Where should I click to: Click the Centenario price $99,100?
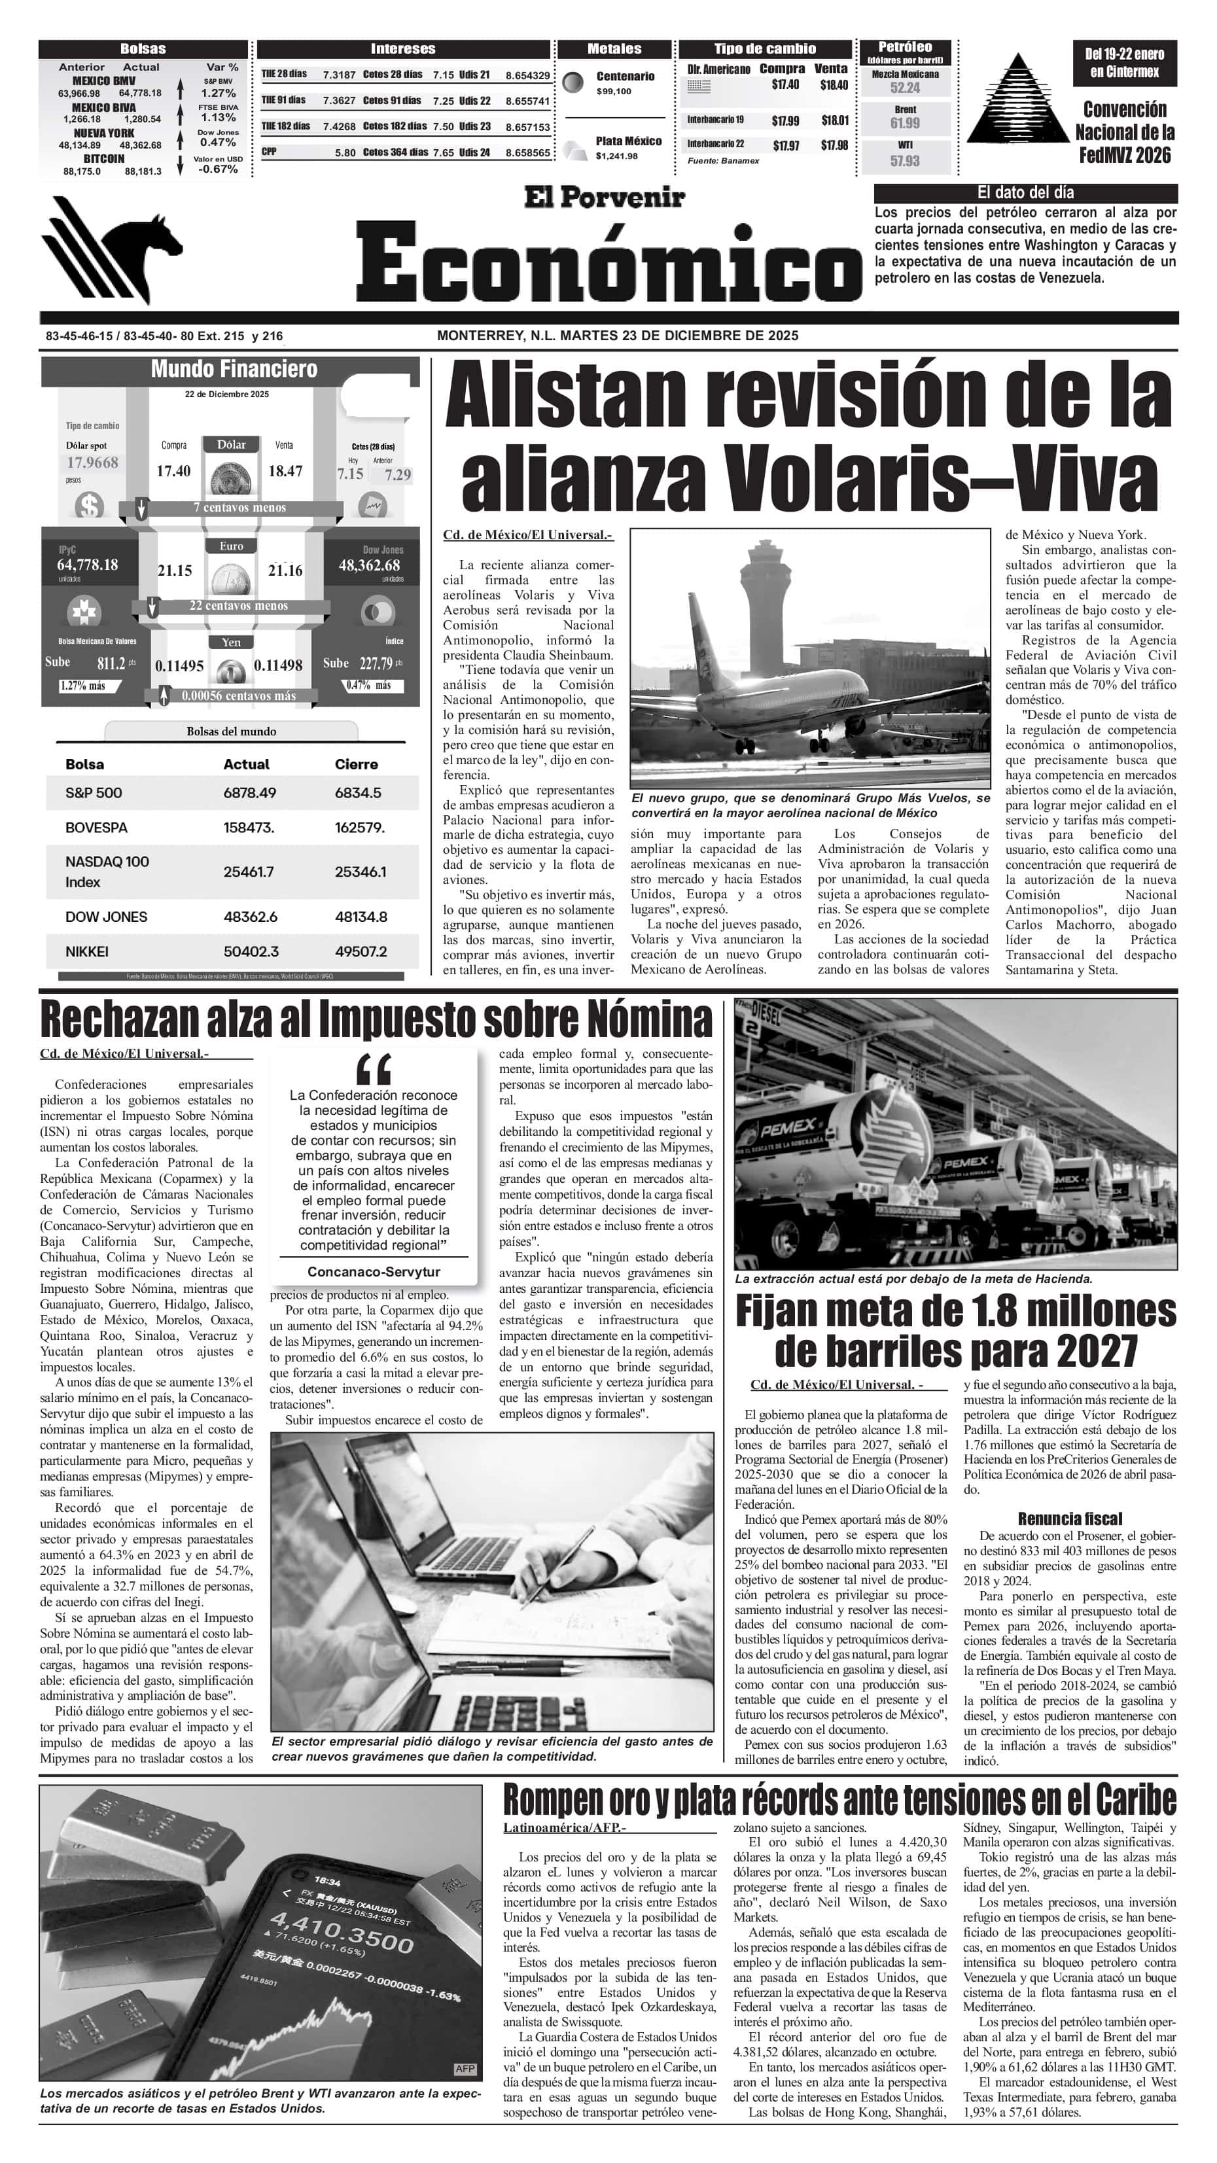[614, 92]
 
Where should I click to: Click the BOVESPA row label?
[97, 828]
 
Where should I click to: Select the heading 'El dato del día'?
[1025, 192]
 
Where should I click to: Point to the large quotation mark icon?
[374, 1070]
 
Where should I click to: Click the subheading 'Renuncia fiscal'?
[1069, 1518]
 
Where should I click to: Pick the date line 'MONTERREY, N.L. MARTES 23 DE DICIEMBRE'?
[617, 336]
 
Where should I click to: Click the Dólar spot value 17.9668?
[92, 463]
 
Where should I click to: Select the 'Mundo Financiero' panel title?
[234, 370]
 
